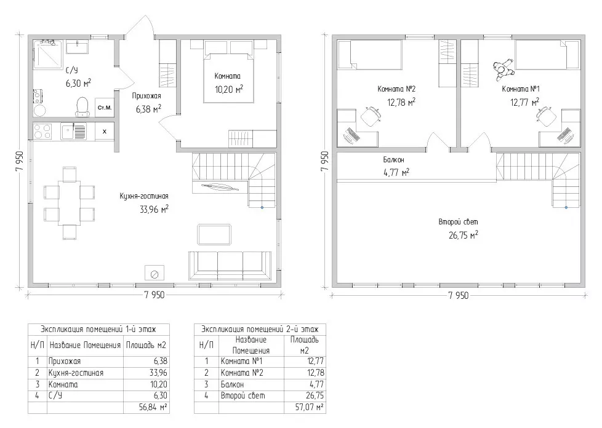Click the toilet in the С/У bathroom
(82, 106)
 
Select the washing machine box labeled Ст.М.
(105, 108)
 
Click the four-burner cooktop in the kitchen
(42, 131)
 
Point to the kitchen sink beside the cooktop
(73, 131)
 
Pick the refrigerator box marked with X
(105, 132)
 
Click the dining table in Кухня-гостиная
(70, 203)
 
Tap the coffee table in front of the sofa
(214, 234)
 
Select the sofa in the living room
(230, 266)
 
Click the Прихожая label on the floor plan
(146, 96)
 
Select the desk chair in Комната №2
(370, 116)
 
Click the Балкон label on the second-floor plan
(393, 159)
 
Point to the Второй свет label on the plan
(458, 221)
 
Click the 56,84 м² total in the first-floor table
(153, 407)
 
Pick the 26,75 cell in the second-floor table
(315, 395)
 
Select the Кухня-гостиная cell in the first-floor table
(76, 373)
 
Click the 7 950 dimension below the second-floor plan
(459, 295)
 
